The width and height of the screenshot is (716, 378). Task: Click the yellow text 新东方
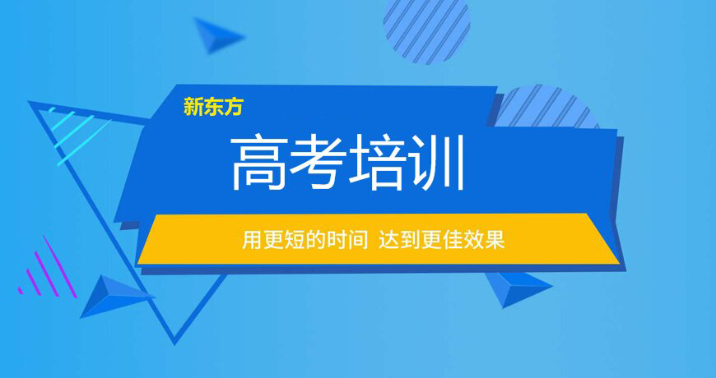[213, 107]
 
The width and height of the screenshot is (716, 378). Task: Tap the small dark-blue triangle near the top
[218, 35]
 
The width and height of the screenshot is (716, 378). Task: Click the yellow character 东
[213, 107]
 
